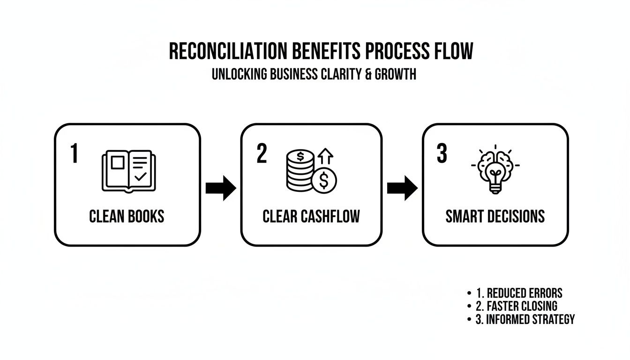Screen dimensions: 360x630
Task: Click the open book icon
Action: coord(129,171)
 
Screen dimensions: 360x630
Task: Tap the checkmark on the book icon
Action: coord(140,177)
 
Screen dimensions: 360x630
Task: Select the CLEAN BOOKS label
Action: coord(127,216)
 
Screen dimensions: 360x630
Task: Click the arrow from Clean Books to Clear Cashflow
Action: coord(221,188)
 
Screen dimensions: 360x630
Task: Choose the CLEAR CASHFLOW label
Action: coord(311,216)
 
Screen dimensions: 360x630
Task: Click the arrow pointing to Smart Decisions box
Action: coord(402,188)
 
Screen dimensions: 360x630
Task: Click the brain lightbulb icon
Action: coord(495,170)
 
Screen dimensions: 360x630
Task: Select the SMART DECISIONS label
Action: coord(495,216)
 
